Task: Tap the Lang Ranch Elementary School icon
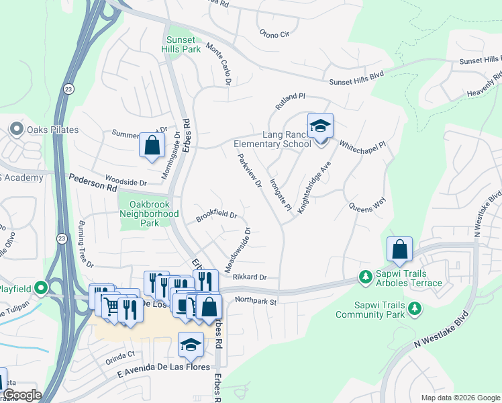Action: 320,126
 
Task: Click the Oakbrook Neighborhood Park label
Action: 149,214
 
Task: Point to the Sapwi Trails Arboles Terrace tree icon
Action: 366,277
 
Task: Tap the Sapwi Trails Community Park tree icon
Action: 415,308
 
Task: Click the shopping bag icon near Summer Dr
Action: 152,145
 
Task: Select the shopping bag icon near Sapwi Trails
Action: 399,249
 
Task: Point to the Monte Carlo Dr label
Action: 218,64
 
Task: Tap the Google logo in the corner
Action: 21,395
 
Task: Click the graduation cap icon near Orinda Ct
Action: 191,345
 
